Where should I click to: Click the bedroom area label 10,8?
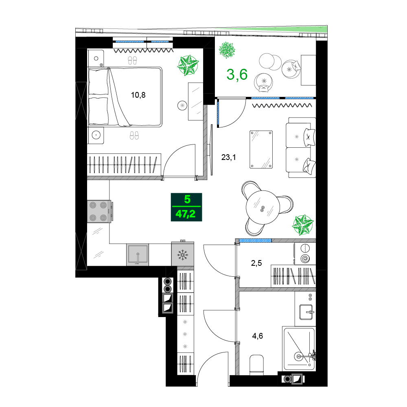pyautogui.click(x=138, y=95)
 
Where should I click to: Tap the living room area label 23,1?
pyautogui.click(x=228, y=157)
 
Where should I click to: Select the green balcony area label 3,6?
pyautogui.click(x=237, y=75)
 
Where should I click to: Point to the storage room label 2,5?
pyautogui.click(x=256, y=263)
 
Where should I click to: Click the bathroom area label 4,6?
pyautogui.click(x=258, y=336)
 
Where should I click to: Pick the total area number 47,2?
pyautogui.click(x=186, y=214)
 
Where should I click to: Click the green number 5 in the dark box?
pyautogui.click(x=187, y=199)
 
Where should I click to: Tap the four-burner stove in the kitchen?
pyautogui.click(x=99, y=211)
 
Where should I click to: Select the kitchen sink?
pyautogui.click(x=138, y=255)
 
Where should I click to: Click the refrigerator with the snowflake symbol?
pyautogui.click(x=182, y=254)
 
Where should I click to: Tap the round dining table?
pyautogui.click(x=263, y=208)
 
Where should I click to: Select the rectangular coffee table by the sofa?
pyautogui.click(x=261, y=149)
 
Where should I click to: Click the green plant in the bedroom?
pyautogui.click(x=188, y=65)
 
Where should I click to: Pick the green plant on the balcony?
pyautogui.click(x=227, y=50)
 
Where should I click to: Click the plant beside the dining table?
pyautogui.click(x=303, y=225)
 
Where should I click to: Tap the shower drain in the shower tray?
pyautogui.click(x=298, y=357)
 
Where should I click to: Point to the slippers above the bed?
pyautogui.click(x=132, y=61)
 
